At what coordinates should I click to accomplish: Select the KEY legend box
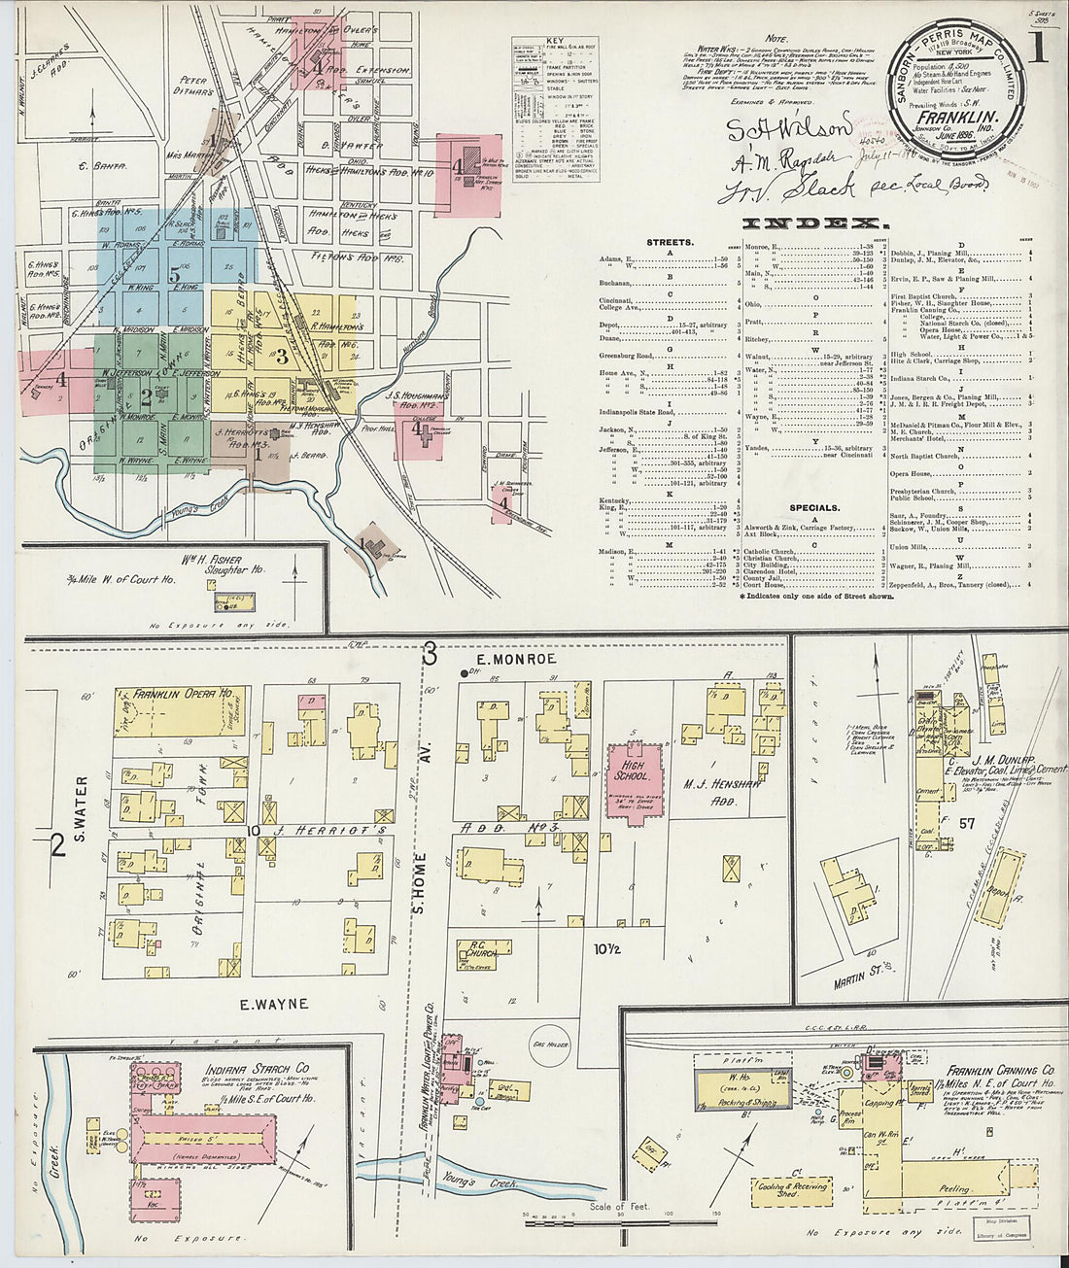[556, 109]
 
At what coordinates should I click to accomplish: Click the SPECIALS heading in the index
[814, 507]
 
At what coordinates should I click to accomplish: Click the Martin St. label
[851, 979]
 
